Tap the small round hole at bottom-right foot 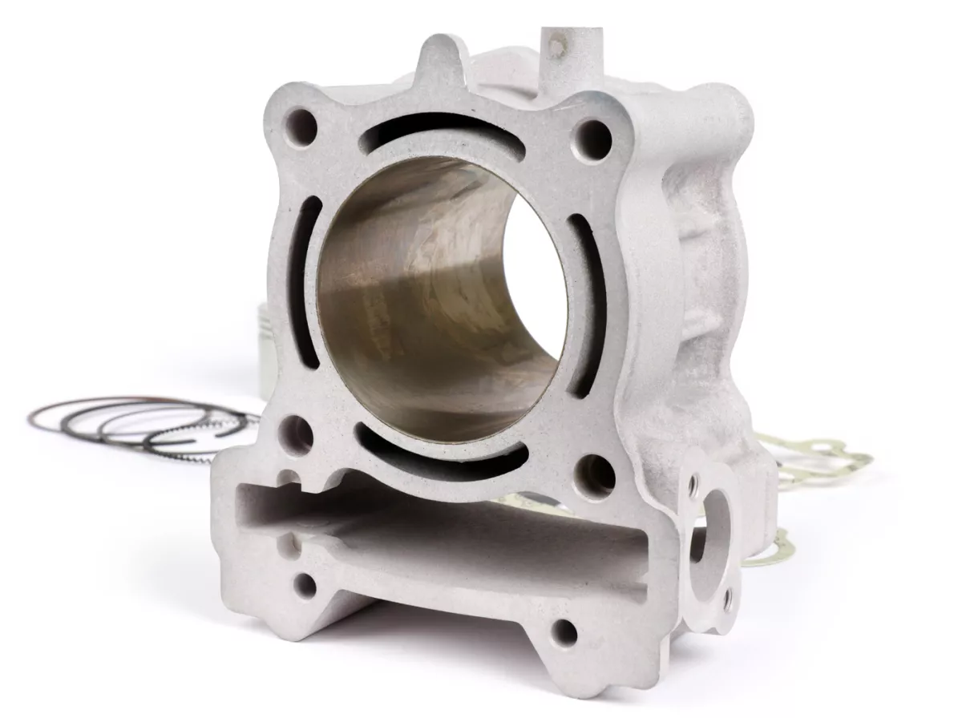click(565, 630)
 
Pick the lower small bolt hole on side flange click(727, 596)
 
